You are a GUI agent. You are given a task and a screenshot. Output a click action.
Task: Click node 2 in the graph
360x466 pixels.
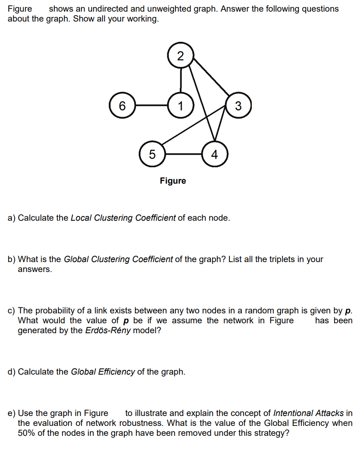click(x=180, y=56)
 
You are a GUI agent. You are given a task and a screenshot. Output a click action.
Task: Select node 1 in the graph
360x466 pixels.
click(x=180, y=105)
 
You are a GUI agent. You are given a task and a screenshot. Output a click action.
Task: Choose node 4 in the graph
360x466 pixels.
click(x=214, y=154)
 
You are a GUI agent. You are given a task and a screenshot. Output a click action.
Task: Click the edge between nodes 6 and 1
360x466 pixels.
click(x=151, y=105)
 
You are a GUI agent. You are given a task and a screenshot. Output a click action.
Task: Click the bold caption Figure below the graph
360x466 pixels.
click(x=173, y=181)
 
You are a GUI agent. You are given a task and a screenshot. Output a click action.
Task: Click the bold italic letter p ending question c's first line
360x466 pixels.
click(x=349, y=311)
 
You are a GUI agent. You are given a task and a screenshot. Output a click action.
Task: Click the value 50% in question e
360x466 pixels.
click(x=26, y=433)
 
